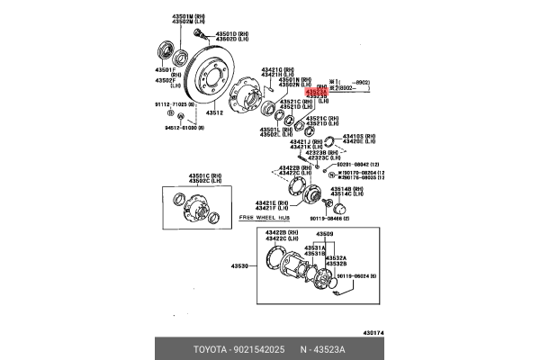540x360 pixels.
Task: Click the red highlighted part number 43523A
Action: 316,91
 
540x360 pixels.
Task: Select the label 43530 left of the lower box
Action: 242,266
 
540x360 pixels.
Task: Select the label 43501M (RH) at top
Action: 170,16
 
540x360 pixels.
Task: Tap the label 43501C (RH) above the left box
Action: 185,175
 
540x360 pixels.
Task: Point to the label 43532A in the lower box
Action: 335,256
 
